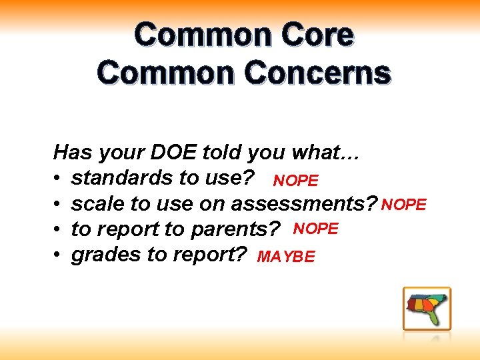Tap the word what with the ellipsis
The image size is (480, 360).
pyautogui.click(x=326, y=153)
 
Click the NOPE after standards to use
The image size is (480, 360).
pyautogui.click(x=296, y=181)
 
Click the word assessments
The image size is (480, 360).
pyautogui.click(x=308, y=203)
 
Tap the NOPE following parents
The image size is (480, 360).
pyautogui.click(x=317, y=229)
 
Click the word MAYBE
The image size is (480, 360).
pyautogui.click(x=286, y=257)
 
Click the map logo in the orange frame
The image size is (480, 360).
pyautogui.click(x=427, y=309)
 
